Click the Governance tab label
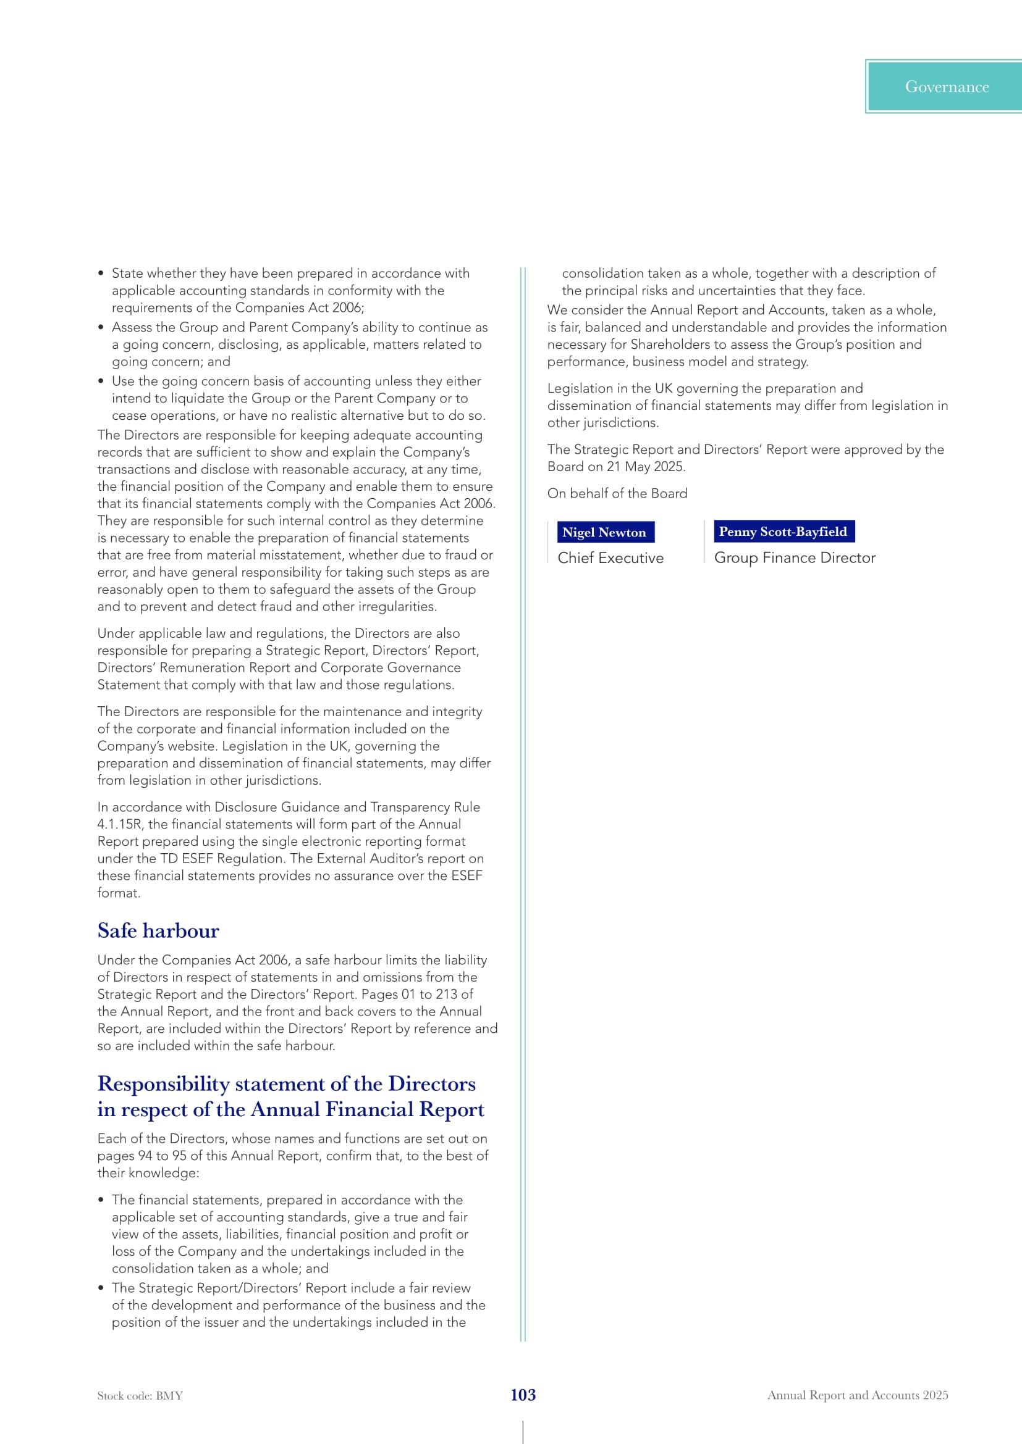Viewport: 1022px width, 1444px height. [947, 87]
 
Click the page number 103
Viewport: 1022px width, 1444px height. [523, 1395]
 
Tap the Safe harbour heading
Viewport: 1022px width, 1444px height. [158, 930]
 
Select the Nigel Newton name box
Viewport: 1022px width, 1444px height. [604, 532]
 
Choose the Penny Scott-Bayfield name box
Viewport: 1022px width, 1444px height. [783, 532]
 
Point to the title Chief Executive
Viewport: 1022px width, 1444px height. [610, 558]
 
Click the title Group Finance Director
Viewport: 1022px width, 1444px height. [794, 558]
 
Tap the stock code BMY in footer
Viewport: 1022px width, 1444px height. [140, 1396]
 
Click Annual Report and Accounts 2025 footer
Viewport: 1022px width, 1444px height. [857, 1395]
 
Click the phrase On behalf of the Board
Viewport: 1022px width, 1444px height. [617, 493]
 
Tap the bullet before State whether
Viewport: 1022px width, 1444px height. [101, 273]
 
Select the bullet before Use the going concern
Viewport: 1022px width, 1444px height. [101, 381]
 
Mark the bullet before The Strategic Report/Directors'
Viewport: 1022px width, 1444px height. [101, 1288]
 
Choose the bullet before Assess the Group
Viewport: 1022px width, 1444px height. [101, 327]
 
